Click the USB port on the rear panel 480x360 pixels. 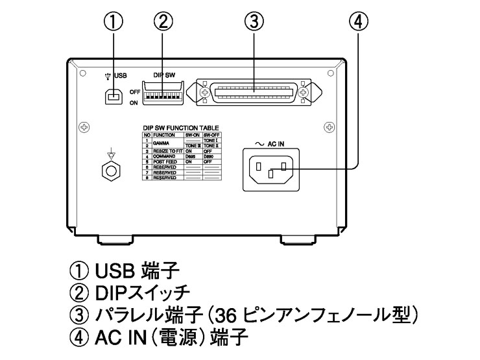(x=114, y=97)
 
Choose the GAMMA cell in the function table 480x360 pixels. (x=160, y=143)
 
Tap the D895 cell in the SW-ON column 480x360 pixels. (x=192, y=156)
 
